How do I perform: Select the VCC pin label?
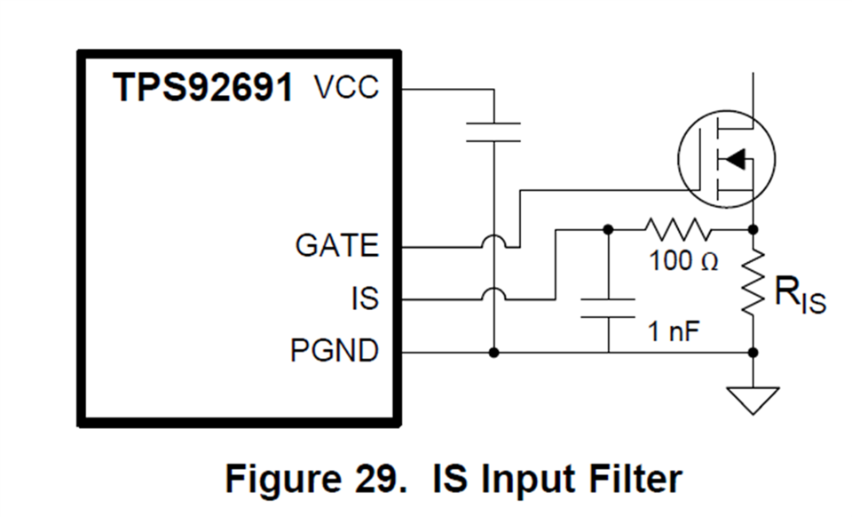[346, 88]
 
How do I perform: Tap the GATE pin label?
[337, 245]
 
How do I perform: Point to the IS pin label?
[364, 298]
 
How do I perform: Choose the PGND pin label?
[335, 352]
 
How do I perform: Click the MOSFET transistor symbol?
[725, 160]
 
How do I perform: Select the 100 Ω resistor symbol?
[679, 229]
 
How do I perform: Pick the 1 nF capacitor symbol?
[608, 308]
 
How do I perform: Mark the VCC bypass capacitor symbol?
[493, 131]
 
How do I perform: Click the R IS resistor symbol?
[753, 282]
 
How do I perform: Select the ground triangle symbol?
[753, 401]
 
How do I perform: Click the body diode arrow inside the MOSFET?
[733, 160]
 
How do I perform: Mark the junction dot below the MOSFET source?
[753, 229]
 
